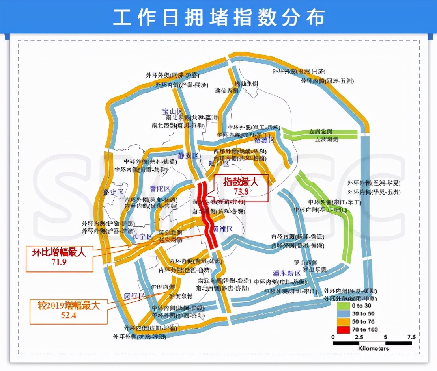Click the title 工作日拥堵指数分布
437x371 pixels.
click(x=218, y=17)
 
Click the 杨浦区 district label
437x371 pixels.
click(x=264, y=140)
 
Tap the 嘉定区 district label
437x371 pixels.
click(x=114, y=192)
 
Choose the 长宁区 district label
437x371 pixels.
click(x=143, y=237)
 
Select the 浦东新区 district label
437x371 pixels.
click(x=286, y=273)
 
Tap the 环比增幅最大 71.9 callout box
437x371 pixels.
click(x=59, y=258)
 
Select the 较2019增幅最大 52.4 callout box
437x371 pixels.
click(x=63, y=310)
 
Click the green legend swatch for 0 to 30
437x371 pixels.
click(x=343, y=306)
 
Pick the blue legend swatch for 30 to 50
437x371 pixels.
click(x=343, y=313)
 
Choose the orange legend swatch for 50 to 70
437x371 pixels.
click(x=343, y=321)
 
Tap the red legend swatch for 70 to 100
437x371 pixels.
click(x=343, y=329)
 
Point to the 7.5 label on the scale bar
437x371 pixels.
click(x=411, y=337)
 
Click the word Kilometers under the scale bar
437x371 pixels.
click(x=374, y=349)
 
